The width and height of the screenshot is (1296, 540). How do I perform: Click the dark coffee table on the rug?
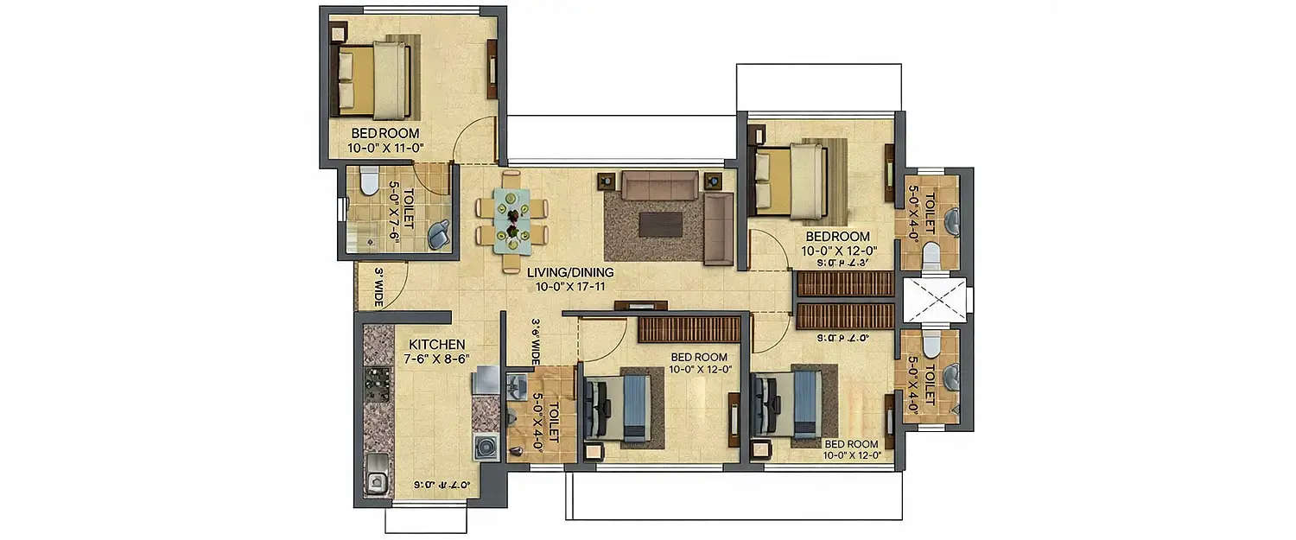[660, 224]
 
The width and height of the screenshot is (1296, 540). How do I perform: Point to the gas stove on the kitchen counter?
[378, 385]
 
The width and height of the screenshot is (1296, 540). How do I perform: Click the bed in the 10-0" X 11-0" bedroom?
[372, 81]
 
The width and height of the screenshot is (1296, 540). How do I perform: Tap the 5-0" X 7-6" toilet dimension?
[394, 212]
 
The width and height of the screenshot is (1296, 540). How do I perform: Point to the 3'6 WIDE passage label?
[536, 341]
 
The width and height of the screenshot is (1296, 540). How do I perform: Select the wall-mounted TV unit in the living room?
[640, 305]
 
